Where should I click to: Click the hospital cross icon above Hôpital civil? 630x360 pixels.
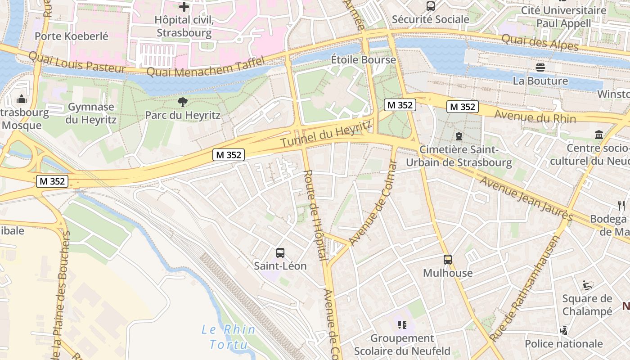tap(184, 7)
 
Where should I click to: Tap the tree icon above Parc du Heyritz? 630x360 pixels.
tap(182, 102)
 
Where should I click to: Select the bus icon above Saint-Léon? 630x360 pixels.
tap(280, 252)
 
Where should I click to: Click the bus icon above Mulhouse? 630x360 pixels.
tap(447, 260)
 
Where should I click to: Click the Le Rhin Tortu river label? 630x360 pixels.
tap(229, 337)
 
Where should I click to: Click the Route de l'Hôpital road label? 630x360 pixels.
tap(315, 215)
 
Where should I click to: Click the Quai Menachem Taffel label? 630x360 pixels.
tap(205, 68)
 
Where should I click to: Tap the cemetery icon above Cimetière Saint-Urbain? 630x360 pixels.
tap(459, 135)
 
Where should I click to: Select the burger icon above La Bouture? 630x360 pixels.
tap(540, 67)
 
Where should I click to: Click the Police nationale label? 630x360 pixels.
tap(563, 344)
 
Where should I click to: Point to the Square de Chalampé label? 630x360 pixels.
tap(587, 305)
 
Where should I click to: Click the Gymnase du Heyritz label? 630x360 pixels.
tap(91, 113)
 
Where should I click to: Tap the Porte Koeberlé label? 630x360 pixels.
tap(72, 36)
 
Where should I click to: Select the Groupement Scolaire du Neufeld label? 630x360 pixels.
tap(402, 344)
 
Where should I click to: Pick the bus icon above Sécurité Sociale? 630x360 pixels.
tap(430, 6)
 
